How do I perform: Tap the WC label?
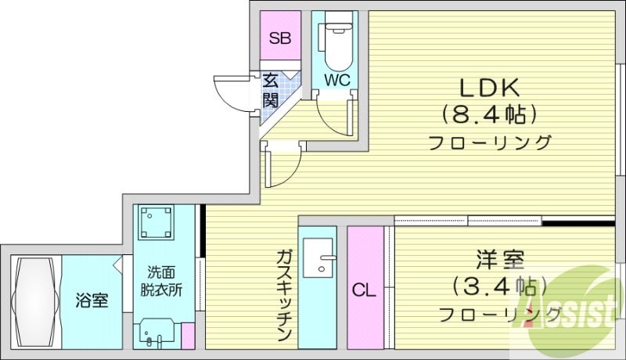pyautogui.click(x=336, y=79)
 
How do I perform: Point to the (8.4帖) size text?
pyautogui.click(x=489, y=114)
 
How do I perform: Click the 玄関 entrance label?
pyautogui.click(x=271, y=90)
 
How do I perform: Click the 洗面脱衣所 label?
pyautogui.click(x=165, y=281)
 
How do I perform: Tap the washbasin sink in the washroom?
pyautogui.click(x=156, y=333)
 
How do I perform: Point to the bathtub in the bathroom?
pyautogui.click(x=34, y=301)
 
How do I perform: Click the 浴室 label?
pyautogui.click(x=92, y=300)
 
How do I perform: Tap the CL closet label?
pyautogui.click(x=363, y=291)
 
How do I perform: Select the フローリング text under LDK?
pyautogui.click(x=489, y=143)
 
